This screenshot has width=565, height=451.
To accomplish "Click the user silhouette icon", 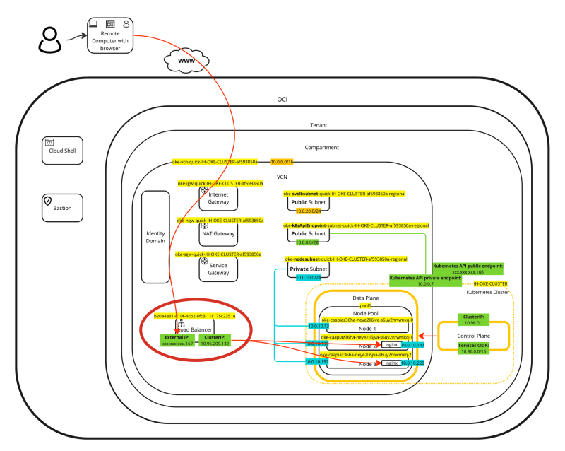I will (x=49, y=40).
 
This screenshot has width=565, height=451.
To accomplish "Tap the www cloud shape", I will (x=186, y=61).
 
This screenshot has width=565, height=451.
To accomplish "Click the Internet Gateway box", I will (x=218, y=197).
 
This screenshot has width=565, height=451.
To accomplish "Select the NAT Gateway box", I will (x=218, y=233).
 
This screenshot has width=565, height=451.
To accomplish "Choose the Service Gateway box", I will (x=218, y=266).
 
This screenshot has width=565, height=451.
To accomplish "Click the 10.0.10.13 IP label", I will (x=317, y=326).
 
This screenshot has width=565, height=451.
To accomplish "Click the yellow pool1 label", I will (x=365, y=305).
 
